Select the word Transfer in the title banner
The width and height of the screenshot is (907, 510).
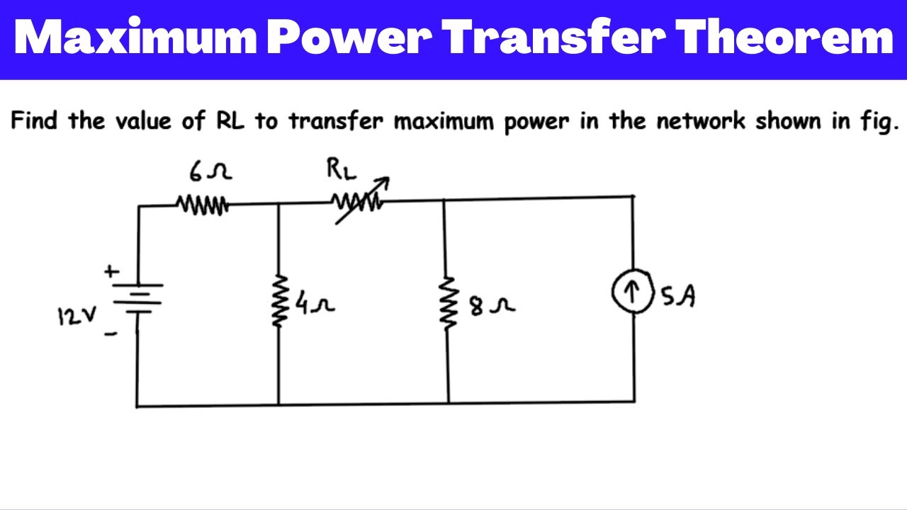[552, 39]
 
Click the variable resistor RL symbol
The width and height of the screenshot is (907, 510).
[359, 204]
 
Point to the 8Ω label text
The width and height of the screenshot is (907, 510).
[490, 307]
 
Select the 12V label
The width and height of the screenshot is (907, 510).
[72, 316]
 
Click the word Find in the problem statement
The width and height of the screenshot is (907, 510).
[35, 121]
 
